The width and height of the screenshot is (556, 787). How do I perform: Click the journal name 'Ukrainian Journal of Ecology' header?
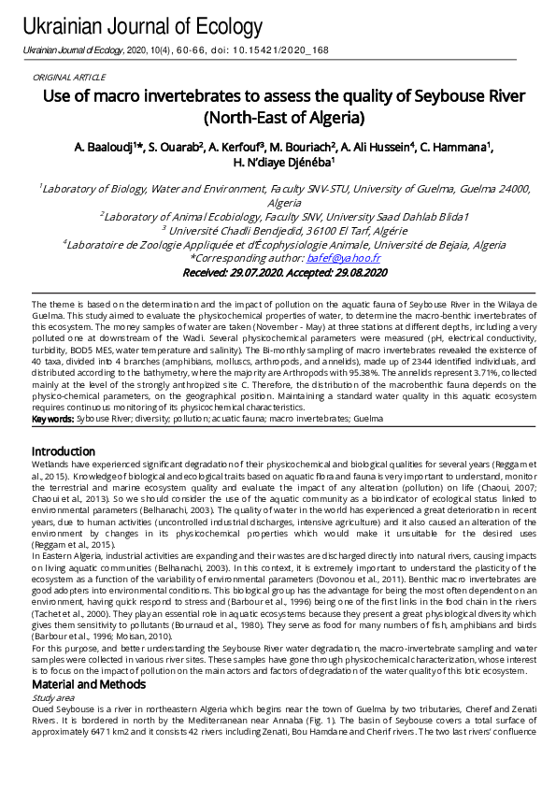click(142, 26)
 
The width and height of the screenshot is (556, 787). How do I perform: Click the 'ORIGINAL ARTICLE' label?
click(69, 78)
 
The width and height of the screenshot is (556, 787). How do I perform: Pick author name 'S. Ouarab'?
click(176, 148)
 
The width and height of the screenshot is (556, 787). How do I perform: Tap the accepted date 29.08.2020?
click(352, 272)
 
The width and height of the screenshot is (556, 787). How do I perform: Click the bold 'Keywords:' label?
click(53, 419)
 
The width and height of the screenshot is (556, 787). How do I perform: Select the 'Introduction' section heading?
click(64, 451)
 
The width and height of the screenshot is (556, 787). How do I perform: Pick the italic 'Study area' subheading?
click(52, 696)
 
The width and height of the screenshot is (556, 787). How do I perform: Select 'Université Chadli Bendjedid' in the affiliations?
click(229, 230)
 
